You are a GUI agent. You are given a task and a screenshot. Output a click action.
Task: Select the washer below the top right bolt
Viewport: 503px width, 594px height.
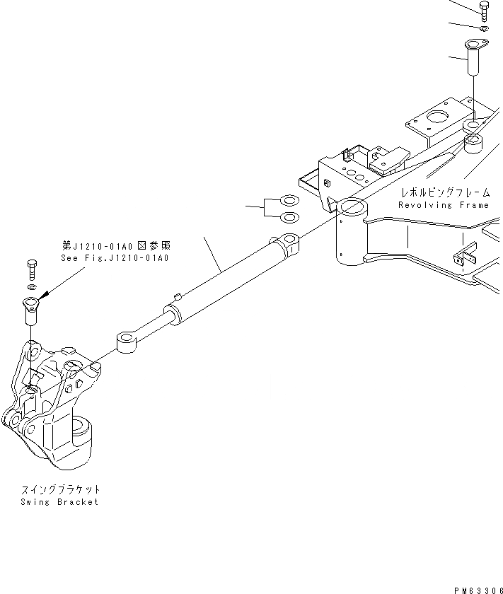[483, 29]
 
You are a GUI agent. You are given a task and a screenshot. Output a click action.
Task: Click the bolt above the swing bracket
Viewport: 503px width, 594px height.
[31, 269]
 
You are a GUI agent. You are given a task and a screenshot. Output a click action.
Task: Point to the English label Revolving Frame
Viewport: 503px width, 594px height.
[443, 205]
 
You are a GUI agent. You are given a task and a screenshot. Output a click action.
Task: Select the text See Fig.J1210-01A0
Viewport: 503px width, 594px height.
[116, 258]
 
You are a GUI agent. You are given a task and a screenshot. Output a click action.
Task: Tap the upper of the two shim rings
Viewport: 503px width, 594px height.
[289, 201]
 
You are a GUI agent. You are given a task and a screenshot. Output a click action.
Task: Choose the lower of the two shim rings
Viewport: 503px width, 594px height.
[289, 216]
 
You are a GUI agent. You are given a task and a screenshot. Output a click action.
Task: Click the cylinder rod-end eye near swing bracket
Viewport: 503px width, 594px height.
[128, 343]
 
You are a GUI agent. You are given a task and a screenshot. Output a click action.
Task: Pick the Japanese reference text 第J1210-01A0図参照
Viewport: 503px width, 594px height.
[116, 246]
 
